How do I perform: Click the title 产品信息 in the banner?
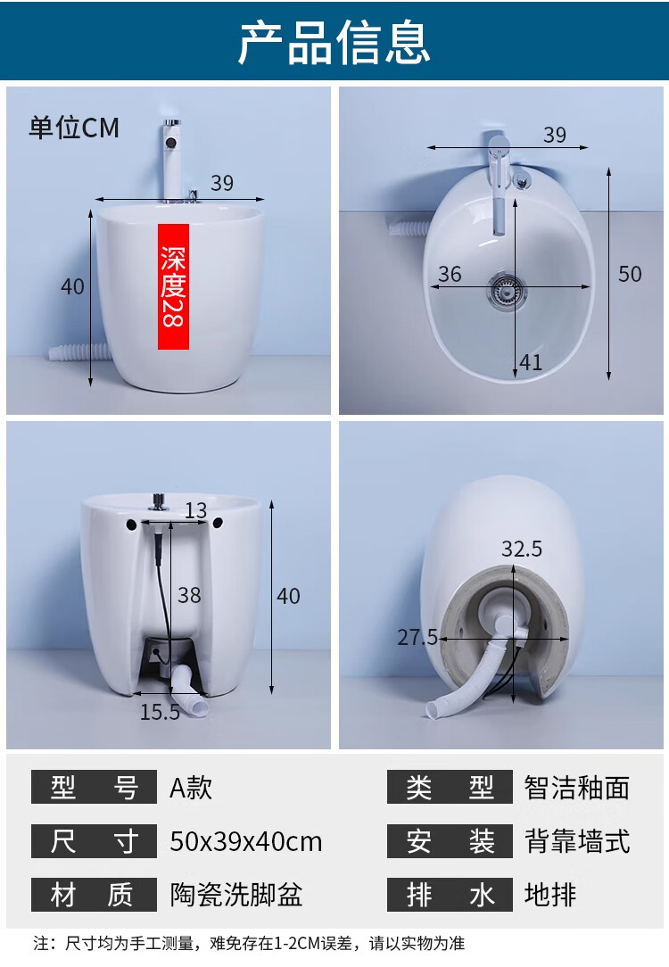click(x=334, y=42)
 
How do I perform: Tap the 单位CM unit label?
click(x=74, y=128)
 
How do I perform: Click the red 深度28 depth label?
click(x=173, y=286)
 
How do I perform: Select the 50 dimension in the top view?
click(x=630, y=274)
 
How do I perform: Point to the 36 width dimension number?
click(x=450, y=274)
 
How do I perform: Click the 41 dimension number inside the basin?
click(x=530, y=362)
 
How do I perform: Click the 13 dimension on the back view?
click(x=196, y=510)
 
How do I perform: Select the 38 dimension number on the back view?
click(x=189, y=595)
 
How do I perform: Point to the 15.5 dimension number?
click(x=160, y=712)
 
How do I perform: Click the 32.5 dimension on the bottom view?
click(x=522, y=549)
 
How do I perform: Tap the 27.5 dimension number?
click(x=417, y=637)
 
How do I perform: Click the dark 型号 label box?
click(x=94, y=787)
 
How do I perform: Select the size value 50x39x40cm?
click(x=246, y=842)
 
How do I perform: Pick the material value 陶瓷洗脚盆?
click(x=236, y=895)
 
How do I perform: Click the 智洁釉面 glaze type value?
click(x=577, y=788)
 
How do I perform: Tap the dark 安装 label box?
click(x=450, y=841)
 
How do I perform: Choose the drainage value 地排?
click(x=550, y=895)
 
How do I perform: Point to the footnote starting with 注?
click(x=249, y=944)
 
